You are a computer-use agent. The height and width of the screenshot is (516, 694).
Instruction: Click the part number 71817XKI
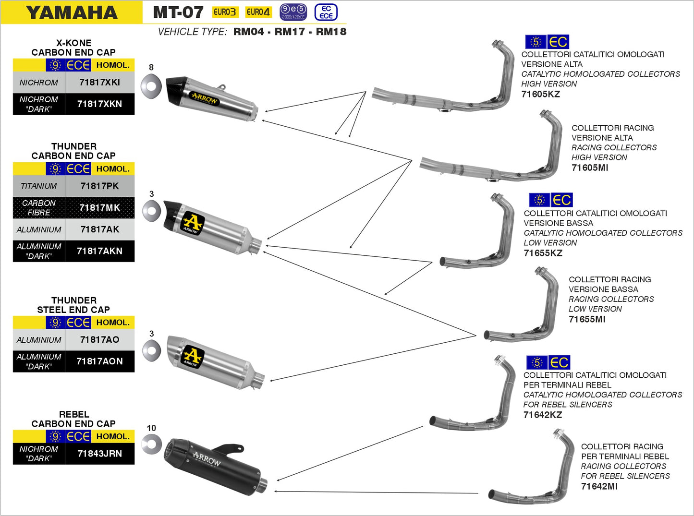[x=99, y=83]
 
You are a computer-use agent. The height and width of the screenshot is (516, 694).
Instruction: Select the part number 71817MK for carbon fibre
[x=99, y=208]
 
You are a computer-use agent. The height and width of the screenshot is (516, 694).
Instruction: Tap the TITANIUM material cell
[x=38, y=186]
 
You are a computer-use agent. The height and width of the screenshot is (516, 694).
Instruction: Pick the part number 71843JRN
[x=99, y=454]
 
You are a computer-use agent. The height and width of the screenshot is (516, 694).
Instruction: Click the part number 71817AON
[x=99, y=361]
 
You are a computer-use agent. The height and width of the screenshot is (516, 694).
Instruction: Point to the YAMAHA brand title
[x=72, y=12]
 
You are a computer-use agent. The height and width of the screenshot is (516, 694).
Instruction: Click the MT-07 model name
[x=178, y=12]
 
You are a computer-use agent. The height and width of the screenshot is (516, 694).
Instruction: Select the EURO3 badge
[x=225, y=12]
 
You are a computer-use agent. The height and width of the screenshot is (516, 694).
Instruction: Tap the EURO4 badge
[x=258, y=12]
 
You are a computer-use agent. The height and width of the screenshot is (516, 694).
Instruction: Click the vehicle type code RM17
[x=290, y=32]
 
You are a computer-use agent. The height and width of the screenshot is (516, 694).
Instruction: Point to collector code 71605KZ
[x=541, y=94]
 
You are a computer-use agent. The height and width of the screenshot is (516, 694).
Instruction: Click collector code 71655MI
[x=587, y=319]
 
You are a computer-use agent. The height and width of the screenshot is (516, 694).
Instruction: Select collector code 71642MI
[x=599, y=486]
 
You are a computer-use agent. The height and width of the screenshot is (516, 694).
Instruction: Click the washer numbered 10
[x=151, y=444]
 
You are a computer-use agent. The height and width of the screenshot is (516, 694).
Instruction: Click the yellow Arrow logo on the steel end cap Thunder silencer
[x=193, y=356]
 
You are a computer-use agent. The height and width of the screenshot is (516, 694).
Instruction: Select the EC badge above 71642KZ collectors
[x=559, y=362]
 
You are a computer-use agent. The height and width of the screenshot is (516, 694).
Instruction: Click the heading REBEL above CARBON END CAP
[x=73, y=414]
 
